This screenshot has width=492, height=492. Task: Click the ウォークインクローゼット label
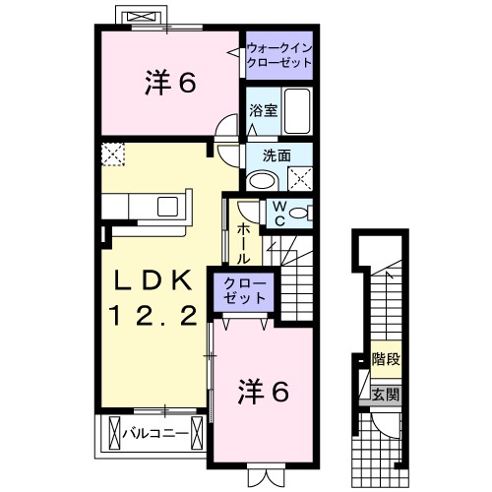coord(278,53)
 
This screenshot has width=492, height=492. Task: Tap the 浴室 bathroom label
coord(261,111)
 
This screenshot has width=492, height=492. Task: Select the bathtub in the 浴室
coord(296,111)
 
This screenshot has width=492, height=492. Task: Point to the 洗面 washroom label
coord(276,155)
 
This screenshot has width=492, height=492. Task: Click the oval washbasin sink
coord(263,179)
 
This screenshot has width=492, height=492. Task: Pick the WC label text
coord(278,213)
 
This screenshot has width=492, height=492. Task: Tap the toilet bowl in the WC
coord(300,213)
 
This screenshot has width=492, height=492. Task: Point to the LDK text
coord(153,279)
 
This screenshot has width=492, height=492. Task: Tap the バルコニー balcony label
coord(154,430)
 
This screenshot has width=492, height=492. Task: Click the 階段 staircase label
coord(385,360)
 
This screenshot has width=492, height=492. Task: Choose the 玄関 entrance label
coord(385,395)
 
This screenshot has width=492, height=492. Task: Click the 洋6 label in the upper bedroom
coord(169,84)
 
